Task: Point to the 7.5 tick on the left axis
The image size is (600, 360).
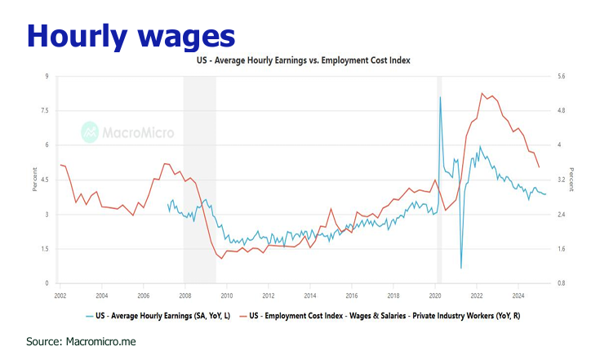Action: coord(46,111)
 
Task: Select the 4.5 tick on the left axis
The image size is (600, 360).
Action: coord(46,180)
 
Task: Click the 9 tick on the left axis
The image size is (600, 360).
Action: coord(47,77)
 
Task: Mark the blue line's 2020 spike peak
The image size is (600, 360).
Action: coord(441,97)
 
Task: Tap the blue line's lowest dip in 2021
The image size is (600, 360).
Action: coord(461,268)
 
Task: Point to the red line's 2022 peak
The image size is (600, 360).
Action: coord(482,93)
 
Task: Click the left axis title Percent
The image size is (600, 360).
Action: coord(34,180)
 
